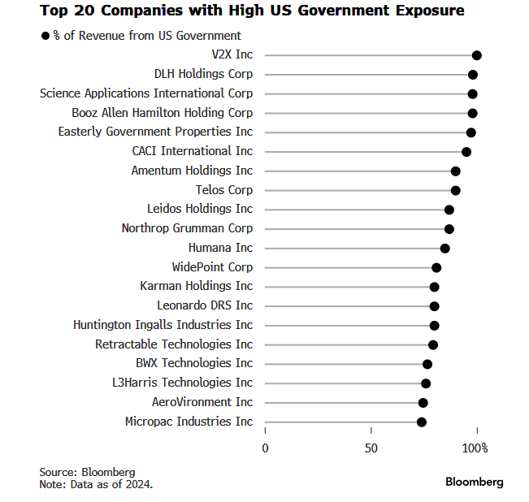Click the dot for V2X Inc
[477, 55]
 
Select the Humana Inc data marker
[444, 248]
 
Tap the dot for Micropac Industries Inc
[422, 422]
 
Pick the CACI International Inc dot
[466, 152]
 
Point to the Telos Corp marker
[456, 190]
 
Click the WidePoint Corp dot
[436, 267]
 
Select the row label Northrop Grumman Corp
[187, 228]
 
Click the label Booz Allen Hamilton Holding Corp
[162, 113]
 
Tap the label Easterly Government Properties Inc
[155, 132]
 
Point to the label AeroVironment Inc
[202, 402]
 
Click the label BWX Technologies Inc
[194, 363]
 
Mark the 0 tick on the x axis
[265, 448]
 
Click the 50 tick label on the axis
[371, 448]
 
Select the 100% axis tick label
[475, 448]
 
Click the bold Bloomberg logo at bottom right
[474, 482]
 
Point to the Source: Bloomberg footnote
[87, 472]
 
